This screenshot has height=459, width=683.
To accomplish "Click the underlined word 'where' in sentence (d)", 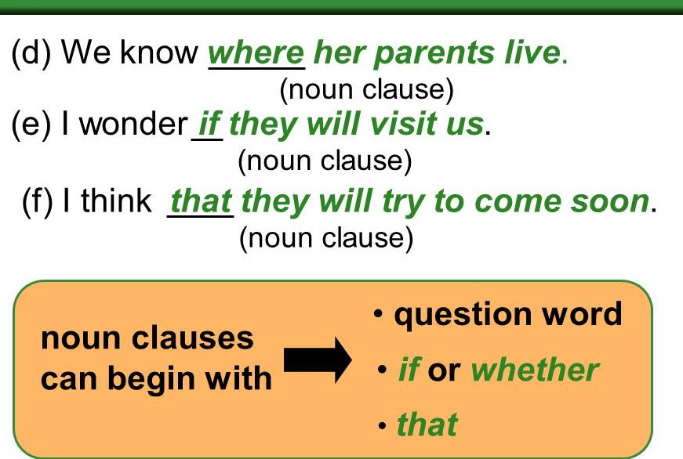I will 256,52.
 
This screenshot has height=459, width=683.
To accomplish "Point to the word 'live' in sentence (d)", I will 531,52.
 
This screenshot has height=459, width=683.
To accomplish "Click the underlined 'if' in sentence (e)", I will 209,125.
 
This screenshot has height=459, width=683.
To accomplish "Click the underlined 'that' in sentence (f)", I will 201,201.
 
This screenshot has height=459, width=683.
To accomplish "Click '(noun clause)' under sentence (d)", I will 367,90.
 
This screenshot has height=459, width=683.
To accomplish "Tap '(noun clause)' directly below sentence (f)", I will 325,237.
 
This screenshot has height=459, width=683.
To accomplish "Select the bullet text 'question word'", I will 508,315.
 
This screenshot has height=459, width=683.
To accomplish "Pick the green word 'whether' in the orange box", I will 535,370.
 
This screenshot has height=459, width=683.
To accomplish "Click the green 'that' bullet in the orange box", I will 427,425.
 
